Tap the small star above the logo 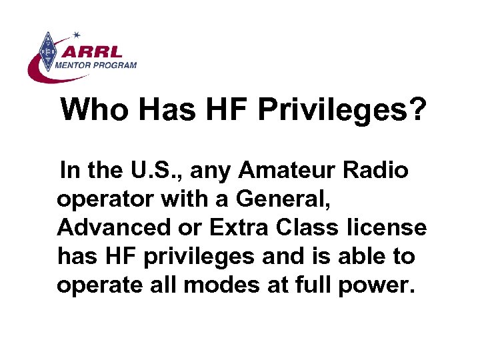click(x=76, y=34)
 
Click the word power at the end click(x=378, y=285)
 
